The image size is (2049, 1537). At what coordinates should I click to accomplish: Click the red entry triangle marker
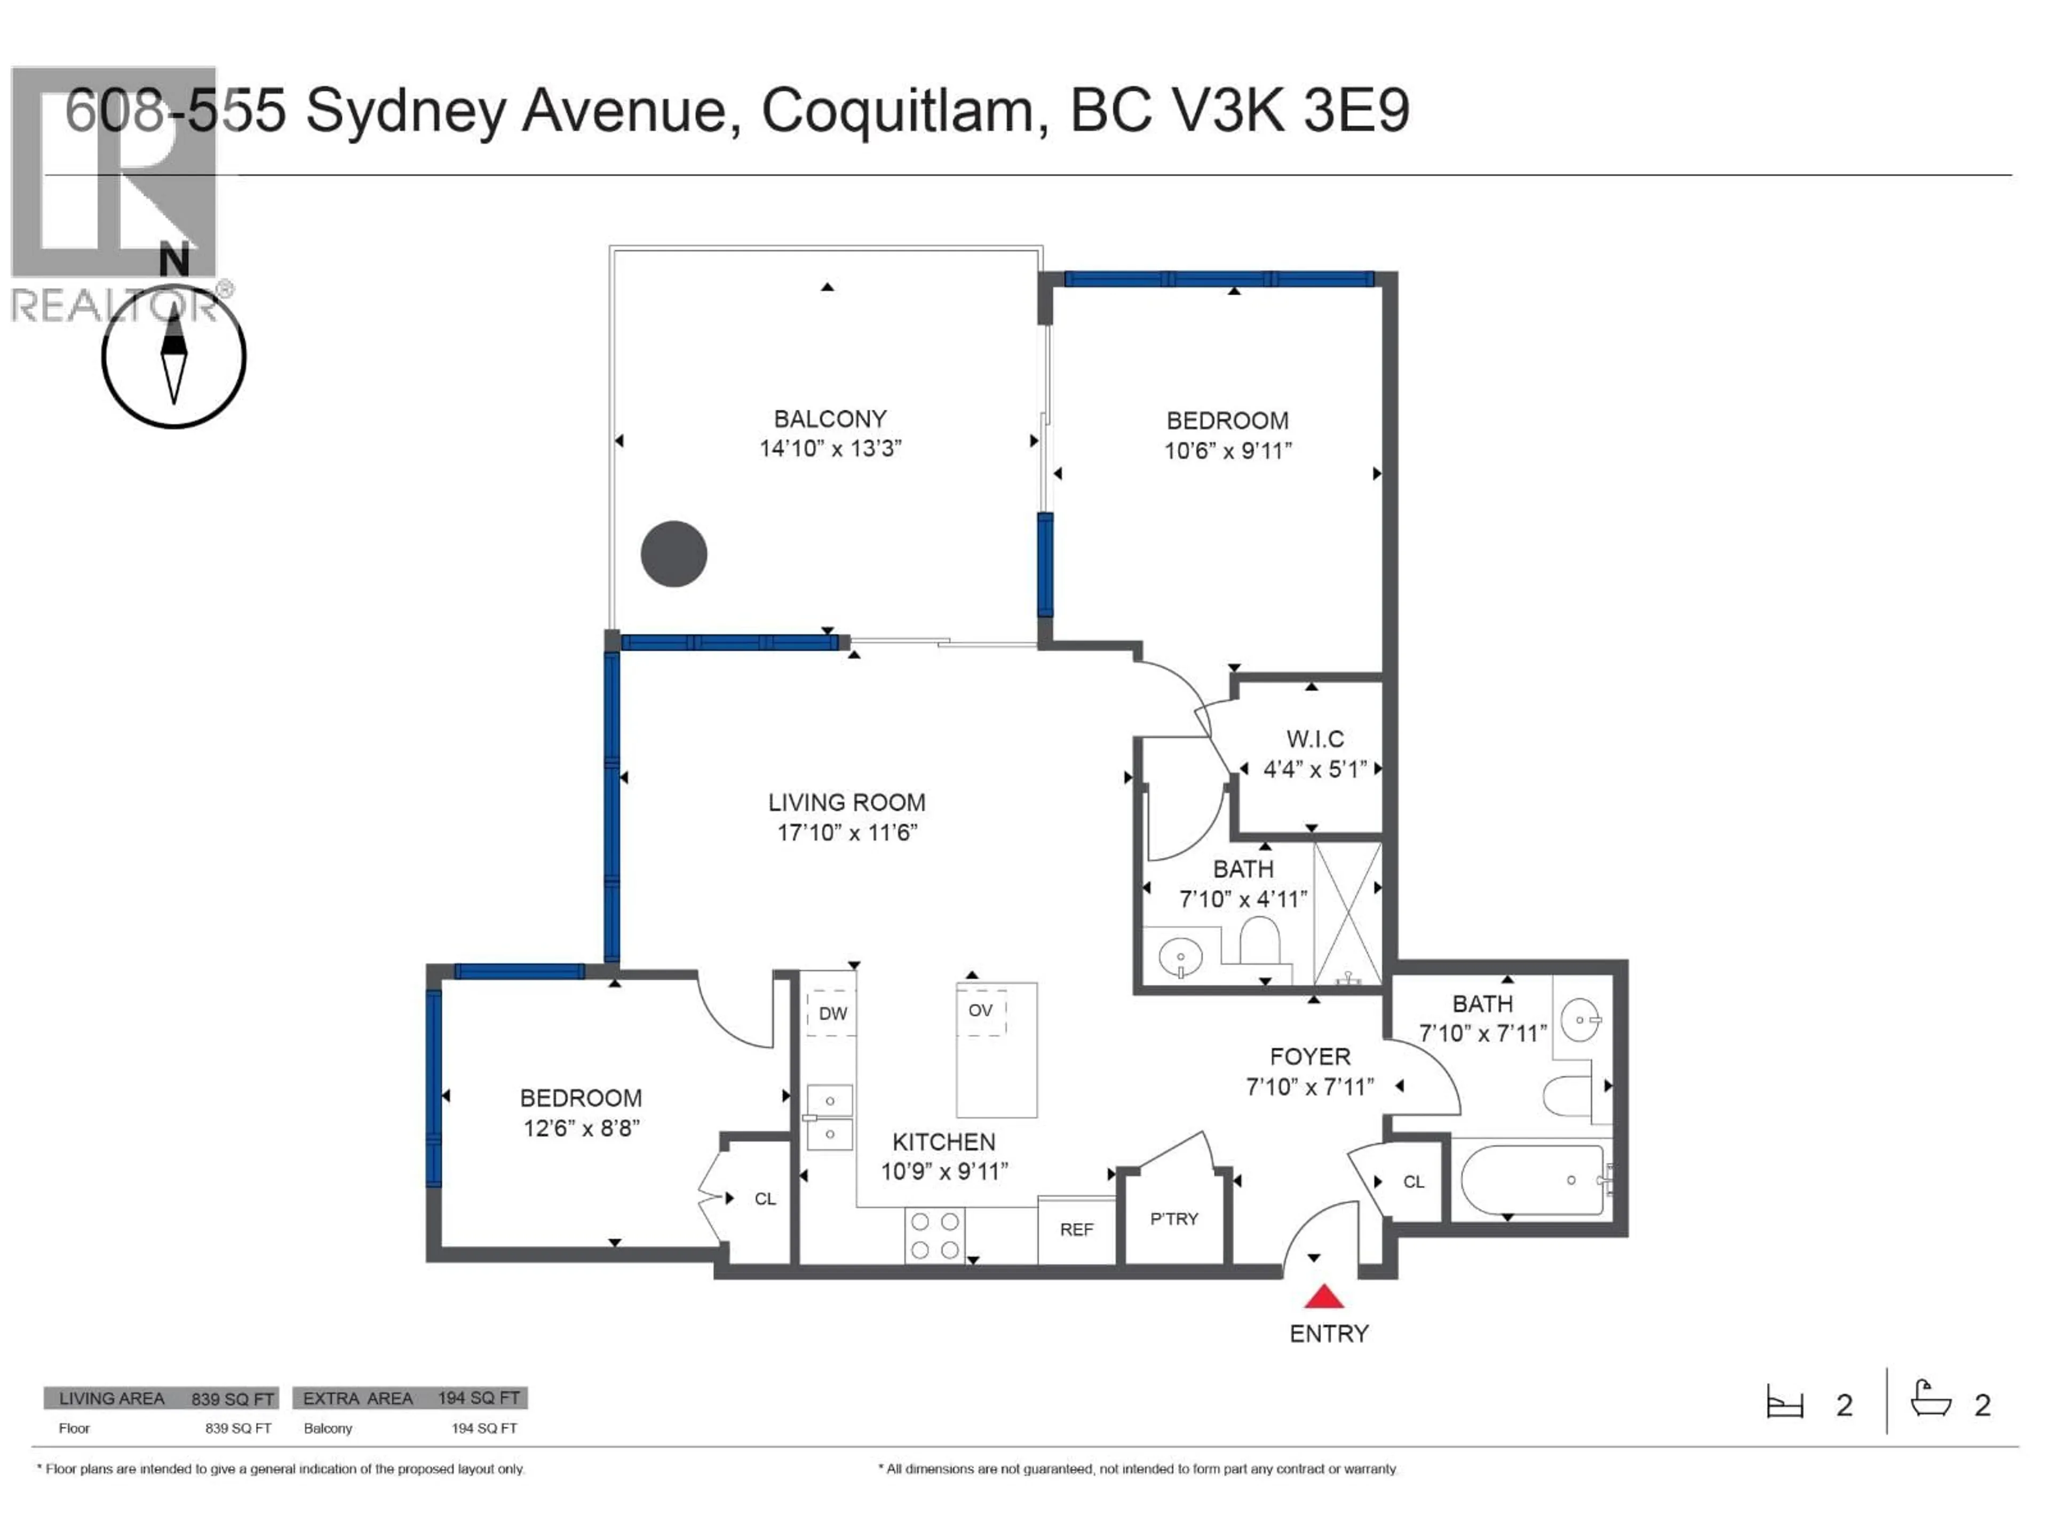pos(1324,1297)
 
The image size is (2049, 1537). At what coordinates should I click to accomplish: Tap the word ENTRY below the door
pos(1328,1333)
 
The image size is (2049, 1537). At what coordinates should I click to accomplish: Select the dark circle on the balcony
pos(673,554)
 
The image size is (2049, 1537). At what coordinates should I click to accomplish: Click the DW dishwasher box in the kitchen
pos(832,1012)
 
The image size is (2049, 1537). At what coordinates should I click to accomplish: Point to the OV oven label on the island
pos(980,1010)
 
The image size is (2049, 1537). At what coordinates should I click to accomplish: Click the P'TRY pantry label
pos(1173,1218)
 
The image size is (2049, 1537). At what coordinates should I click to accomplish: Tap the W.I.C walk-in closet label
pos(1314,739)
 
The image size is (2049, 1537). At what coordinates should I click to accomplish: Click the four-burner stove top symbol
pos(935,1235)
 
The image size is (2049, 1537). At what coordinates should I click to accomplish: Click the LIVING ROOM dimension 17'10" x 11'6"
pos(847,832)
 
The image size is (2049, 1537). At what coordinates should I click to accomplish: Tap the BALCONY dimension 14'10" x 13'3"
pos(830,448)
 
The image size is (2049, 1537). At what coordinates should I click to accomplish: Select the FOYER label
pos(1310,1056)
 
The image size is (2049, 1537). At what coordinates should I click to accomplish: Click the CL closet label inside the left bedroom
pos(764,1199)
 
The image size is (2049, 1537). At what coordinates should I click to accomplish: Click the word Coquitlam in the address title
pos(896,111)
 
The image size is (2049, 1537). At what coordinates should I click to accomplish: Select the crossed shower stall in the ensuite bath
pos(1347,913)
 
